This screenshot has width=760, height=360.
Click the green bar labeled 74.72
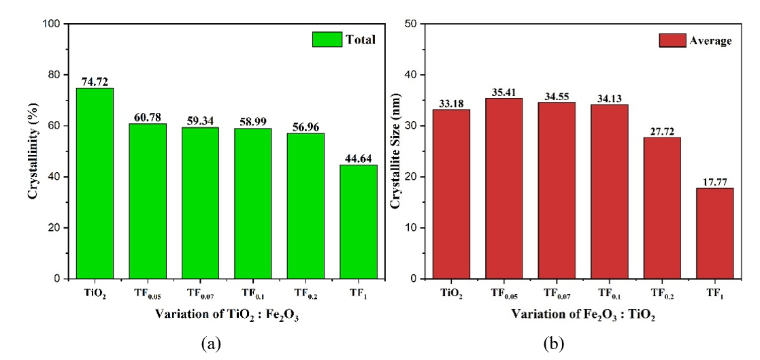[x=95, y=183]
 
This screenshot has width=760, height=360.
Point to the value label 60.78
[x=147, y=117]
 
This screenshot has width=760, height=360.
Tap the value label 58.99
[x=252, y=122]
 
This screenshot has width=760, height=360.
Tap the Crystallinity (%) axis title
[x=32, y=151]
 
